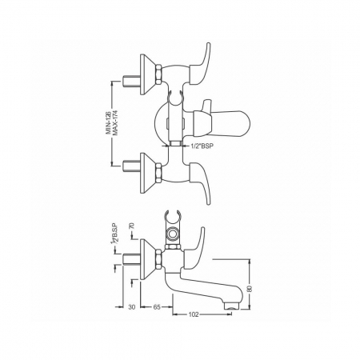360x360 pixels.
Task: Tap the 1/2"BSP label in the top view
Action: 202,146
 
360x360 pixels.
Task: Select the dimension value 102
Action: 194,314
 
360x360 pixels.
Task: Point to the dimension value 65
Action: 157,307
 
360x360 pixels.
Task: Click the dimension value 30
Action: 132,307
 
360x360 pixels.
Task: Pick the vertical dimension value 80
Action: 250,289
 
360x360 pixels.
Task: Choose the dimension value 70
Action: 131,226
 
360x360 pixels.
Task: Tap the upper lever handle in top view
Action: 201,63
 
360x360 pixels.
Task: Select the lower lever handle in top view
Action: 201,183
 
